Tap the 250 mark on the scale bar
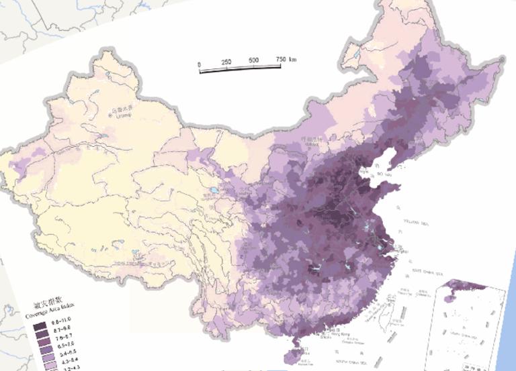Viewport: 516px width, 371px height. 226,62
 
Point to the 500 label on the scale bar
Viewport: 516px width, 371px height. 254,60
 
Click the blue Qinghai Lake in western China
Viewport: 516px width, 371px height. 213,191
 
